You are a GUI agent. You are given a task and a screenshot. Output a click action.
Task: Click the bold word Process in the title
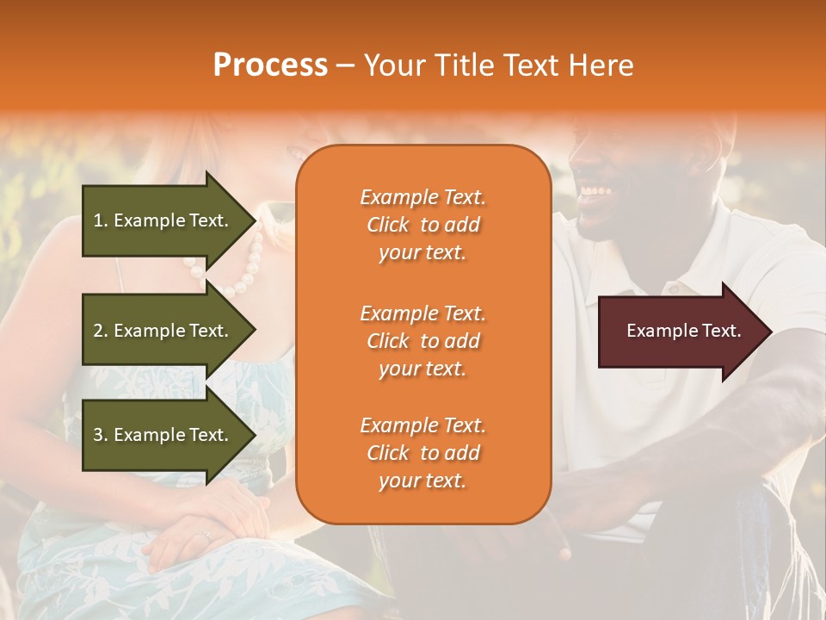tap(270, 65)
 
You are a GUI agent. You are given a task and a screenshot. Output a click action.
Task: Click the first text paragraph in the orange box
tap(422, 225)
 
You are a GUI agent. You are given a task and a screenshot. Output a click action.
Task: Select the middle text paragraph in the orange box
tap(422, 341)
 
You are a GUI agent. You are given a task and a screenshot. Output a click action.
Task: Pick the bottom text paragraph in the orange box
tap(422, 453)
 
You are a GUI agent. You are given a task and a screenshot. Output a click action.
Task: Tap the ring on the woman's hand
tap(204, 536)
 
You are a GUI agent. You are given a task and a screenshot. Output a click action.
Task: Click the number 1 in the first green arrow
tap(98, 220)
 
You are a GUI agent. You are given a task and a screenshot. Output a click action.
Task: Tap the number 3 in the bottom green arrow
tap(98, 435)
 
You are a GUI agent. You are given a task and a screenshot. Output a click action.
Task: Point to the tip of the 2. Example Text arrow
tap(255, 331)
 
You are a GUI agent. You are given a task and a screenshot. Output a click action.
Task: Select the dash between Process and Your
tap(345, 65)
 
